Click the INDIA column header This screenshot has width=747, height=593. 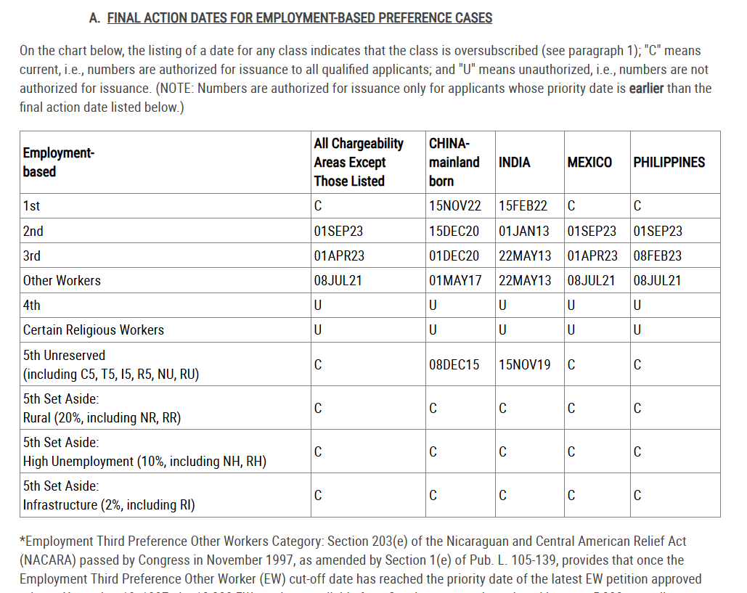[x=514, y=163]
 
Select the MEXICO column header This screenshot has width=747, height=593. [x=589, y=163]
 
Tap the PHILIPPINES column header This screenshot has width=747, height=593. [x=669, y=163]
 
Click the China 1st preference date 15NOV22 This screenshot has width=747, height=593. [x=454, y=206]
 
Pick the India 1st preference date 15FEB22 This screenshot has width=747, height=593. [x=523, y=206]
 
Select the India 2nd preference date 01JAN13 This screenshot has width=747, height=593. [x=523, y=232]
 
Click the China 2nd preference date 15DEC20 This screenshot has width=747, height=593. [x=454, y=232]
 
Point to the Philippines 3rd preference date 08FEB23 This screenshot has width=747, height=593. [x=657, y=256]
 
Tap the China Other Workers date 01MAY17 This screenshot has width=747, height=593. [x=454, y=281]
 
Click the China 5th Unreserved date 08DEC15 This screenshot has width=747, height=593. [x=454, y=365]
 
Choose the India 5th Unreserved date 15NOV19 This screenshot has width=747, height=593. [x=524, y=365]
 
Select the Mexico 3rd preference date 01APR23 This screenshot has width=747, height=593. [x=592, y=256]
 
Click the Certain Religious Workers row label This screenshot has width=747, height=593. [x=94, y=330]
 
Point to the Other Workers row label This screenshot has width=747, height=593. [x=62, y=281]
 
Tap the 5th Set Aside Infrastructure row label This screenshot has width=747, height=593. [x=109, y=496]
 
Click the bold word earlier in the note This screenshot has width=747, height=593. [x=646, y=89]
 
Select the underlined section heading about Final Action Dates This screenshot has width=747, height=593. [x=299, y=17]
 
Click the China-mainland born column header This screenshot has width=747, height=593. [x=454, y=163]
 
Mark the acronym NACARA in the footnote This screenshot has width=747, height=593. [x=49, y=560]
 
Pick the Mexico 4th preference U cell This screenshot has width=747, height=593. [x=571, y=306]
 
